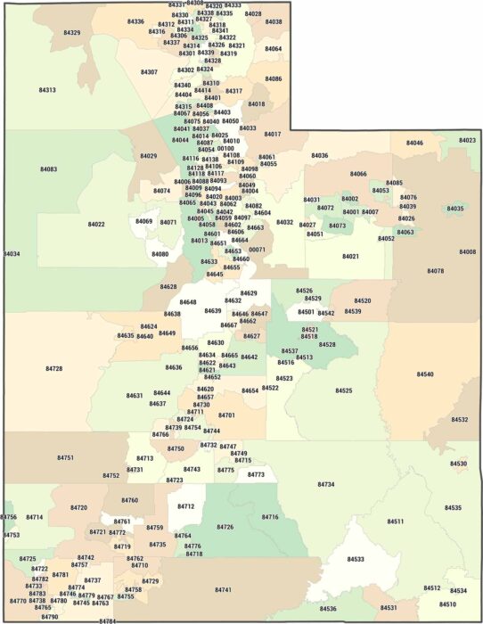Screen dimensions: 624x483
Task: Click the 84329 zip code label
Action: point(72,33)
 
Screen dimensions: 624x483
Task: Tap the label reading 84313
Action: point(47,90)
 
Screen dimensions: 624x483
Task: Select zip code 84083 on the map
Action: point(49,169)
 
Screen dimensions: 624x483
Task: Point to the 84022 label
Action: point(96,225)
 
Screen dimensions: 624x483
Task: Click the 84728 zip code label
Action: point(54,368)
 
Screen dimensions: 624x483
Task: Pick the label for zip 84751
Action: point(65,457)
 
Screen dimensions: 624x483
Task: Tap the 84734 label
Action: point(326,484)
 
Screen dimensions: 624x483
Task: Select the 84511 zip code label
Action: point(396,521)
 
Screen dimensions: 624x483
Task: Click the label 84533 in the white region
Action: point(356,559)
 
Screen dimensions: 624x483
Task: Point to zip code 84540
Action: point(425,374)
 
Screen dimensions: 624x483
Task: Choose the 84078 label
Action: point(436,271)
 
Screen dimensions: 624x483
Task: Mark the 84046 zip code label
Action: point(414,143)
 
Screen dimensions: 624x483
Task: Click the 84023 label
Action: point(467,141)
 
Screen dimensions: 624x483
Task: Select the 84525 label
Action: point(344,390)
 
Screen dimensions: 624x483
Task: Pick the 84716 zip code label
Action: point(270,517)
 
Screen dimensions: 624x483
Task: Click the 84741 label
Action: point(223,590)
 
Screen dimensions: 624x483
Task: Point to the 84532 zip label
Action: point(460,419)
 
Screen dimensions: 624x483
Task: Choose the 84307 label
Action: point(149,72)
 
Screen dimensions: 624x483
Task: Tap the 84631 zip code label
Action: point(135,395)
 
